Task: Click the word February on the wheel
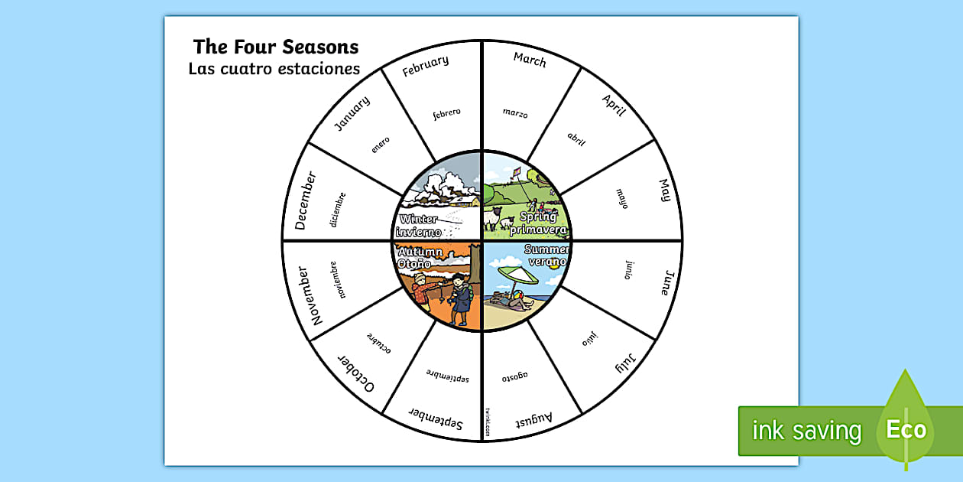pyautogui.click(x=425, y=66)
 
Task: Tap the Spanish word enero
pyautogui.click(x=380, y=145)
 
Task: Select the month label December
pyautogui.click(x=304, y=200)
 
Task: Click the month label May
pyautogui.click(x=664, y=191)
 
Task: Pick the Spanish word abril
pyautogui.click(x=576, y=138)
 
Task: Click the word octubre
pyautogui.click(x=378, y=343)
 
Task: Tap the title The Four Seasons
pyautogui.click(x=275, y=47)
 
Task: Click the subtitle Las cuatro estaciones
pyautogui.click(x=274, y=69)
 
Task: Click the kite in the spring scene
pyautogui.click(x=517, y=172)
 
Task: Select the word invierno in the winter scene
pyautogui.click(x=420, y=232)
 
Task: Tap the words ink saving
pyautogui.click(x=806, y=431)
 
